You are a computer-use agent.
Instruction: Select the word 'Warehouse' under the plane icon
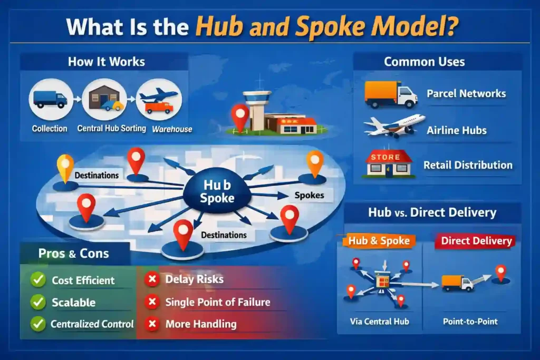click(172, 129)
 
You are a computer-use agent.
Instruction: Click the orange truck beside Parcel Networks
click(390, 95)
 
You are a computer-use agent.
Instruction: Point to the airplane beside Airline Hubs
click(394, 127)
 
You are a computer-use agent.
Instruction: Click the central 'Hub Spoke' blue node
click(217, 192)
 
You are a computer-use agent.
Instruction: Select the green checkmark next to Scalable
click(38, 302)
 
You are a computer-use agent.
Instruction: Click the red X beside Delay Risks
click(152, 279)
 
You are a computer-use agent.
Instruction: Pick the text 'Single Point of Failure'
click(217, 302)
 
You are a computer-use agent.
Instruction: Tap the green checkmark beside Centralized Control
click(38, 324)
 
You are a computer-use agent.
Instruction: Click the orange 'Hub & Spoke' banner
click(379, 241)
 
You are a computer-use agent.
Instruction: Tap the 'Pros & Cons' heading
click(73, 254)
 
